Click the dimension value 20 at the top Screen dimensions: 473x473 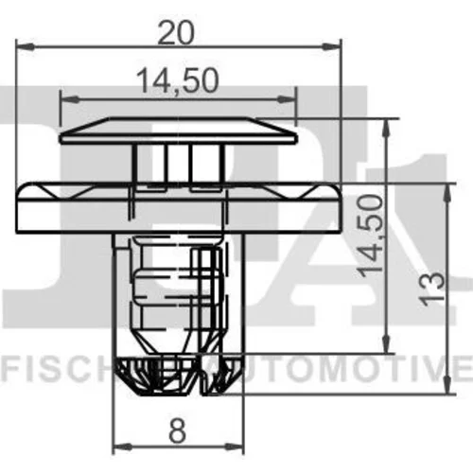click(x=175, y=33)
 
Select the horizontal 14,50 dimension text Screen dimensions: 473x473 click(x=178, y=80)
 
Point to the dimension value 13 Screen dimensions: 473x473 click(x=432, y=289)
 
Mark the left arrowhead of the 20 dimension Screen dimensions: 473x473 click(x=25, y=46)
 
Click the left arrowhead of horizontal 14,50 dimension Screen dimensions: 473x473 click(x=69, y=100)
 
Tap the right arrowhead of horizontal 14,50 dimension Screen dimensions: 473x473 click(x=287, y=100)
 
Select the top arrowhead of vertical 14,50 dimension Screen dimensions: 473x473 click(x=386, y=128)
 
